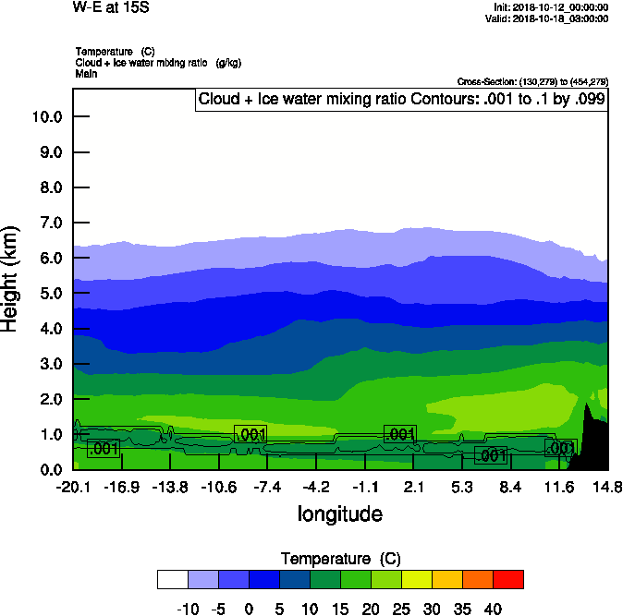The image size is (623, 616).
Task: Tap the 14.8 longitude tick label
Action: click(607, 487)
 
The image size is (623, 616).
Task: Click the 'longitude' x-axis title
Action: click(339, 513)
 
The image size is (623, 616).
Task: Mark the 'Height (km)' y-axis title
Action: click(11, 280)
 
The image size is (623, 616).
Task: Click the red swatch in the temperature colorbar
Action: click(507, 579)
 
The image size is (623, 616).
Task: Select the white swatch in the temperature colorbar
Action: click(173, 579)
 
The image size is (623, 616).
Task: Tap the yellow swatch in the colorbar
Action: click(416, 579)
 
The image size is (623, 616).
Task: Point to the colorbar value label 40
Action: click(493, 609)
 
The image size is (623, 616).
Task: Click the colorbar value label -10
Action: click(188, 609)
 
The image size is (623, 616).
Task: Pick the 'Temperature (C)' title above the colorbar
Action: click(340, 559)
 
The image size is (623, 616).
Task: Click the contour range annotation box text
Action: click(401, 99)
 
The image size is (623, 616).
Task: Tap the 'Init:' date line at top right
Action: click(551, 6)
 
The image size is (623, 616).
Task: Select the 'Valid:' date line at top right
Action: click(551, 18)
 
